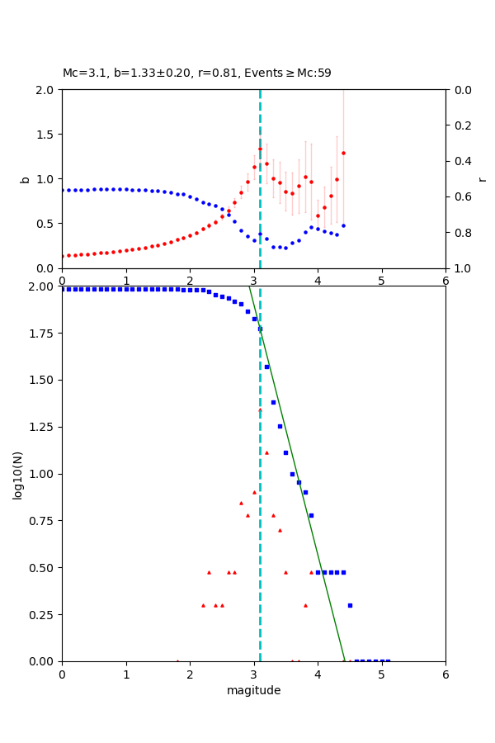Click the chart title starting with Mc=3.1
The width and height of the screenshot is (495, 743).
196,73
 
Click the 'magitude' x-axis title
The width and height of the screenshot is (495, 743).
253,690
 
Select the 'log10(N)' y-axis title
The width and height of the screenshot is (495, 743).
17,474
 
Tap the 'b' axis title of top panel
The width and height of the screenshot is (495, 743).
25,178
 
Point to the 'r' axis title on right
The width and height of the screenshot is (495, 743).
483,178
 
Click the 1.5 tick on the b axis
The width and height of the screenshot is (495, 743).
46,134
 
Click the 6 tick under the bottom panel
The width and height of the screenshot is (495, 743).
445,674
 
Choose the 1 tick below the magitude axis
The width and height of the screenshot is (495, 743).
126,674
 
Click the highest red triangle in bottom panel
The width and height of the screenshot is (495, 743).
260,409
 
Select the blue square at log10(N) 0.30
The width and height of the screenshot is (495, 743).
350,605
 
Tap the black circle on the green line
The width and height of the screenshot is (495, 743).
260,329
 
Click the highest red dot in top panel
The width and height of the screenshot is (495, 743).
260,149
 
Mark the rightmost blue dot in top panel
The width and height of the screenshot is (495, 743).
343,225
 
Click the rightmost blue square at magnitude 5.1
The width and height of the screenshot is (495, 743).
388,660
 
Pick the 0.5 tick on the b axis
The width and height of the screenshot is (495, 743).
46,223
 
